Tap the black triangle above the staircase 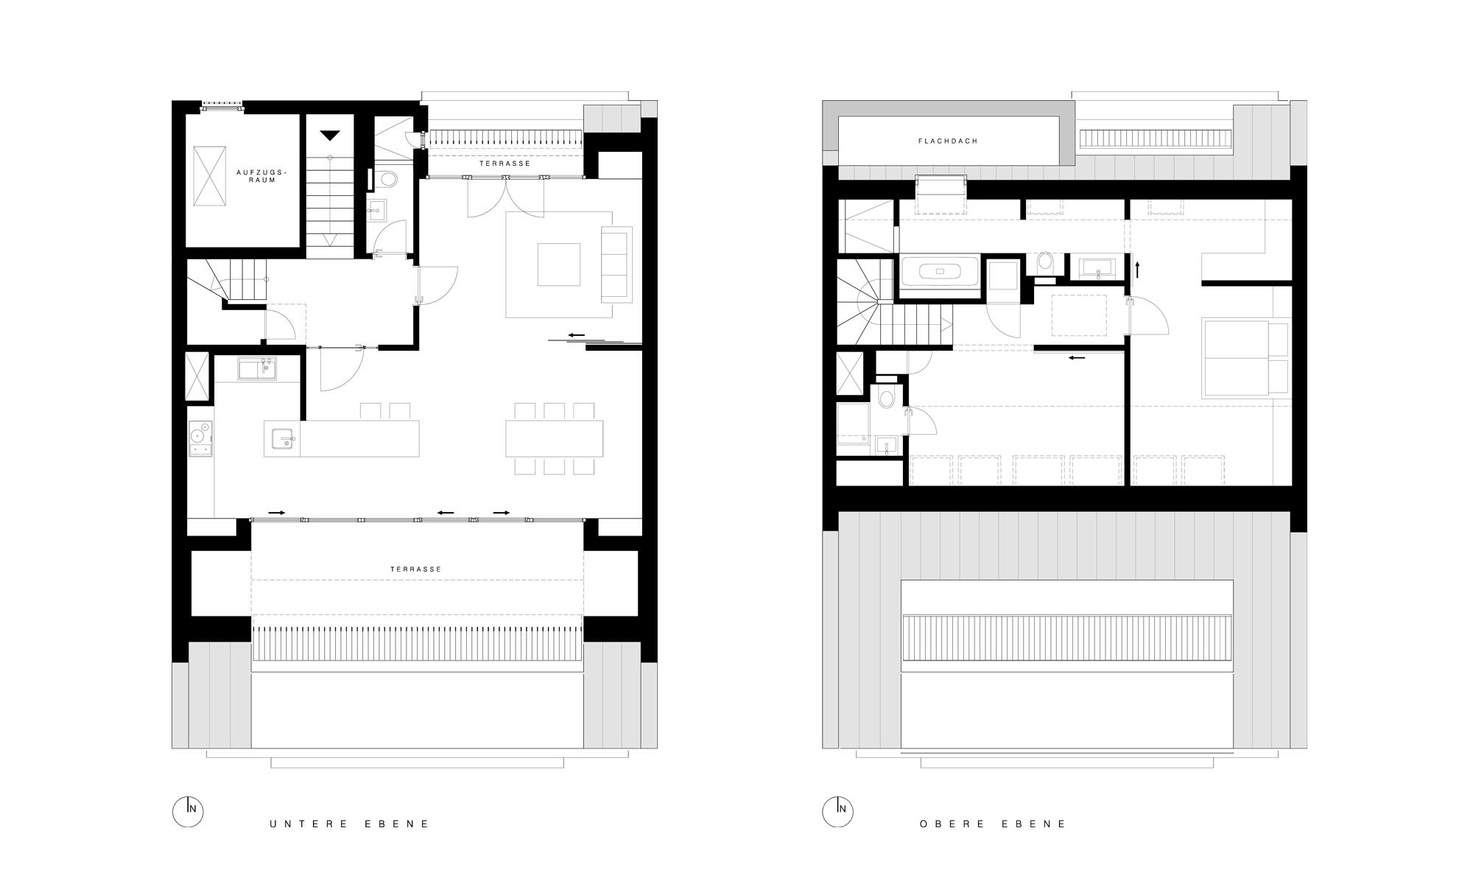pos(330,135)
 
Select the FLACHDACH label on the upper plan pos(948,141)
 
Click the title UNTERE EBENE pos(349,824)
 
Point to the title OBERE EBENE pos(993,824)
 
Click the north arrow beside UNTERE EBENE pos(188,811)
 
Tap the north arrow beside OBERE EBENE pos(837,811)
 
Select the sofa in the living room pos(617,264)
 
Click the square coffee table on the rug pos(559,264)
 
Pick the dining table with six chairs pos(555,438)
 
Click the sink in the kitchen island pos(283,438)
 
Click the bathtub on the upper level pos(939,271)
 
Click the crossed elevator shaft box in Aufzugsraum pos(209,175)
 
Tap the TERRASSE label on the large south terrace pos(416,569)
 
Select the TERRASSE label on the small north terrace pos(505,164)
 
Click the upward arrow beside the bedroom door pos(1137,269)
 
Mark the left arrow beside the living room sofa pos(576,335)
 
